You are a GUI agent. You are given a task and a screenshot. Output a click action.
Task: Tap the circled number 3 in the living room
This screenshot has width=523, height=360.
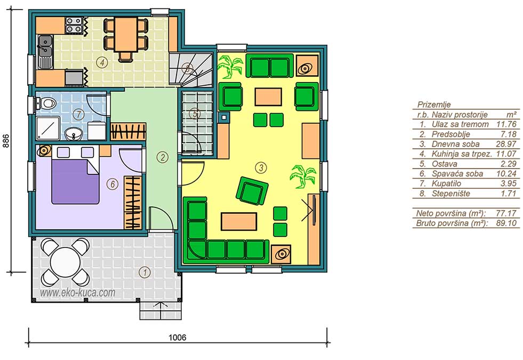click(261, 167)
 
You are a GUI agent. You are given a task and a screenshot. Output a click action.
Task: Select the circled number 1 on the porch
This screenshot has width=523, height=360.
click(145, 272)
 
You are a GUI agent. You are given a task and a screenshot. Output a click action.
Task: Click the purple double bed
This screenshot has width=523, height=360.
click(75, 181)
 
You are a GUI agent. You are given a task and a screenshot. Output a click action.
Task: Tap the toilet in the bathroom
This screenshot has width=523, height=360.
click(47, 103)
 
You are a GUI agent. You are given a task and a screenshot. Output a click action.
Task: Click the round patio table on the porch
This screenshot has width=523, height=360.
click(66, 261)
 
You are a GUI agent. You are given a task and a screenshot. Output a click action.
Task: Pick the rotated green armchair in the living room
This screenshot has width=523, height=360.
click(252, 191)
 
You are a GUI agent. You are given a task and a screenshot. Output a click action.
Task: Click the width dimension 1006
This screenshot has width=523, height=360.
click(177, 338)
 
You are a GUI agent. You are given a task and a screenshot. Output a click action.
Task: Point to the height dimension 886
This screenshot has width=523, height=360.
click(6, 141)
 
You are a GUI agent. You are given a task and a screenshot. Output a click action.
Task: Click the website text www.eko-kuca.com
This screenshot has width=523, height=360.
click(77, 293)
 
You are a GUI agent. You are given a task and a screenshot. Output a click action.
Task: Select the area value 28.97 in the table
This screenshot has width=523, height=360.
click(506, 144)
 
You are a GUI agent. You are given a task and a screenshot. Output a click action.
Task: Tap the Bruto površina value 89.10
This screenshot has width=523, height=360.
click(506, 223)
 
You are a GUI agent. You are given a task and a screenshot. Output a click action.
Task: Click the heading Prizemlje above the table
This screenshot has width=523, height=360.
click(434, 105)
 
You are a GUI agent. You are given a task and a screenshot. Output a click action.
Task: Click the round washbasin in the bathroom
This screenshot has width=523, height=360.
click(72, 134)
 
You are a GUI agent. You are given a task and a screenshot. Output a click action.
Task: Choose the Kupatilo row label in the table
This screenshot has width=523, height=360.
click(446, 183)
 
